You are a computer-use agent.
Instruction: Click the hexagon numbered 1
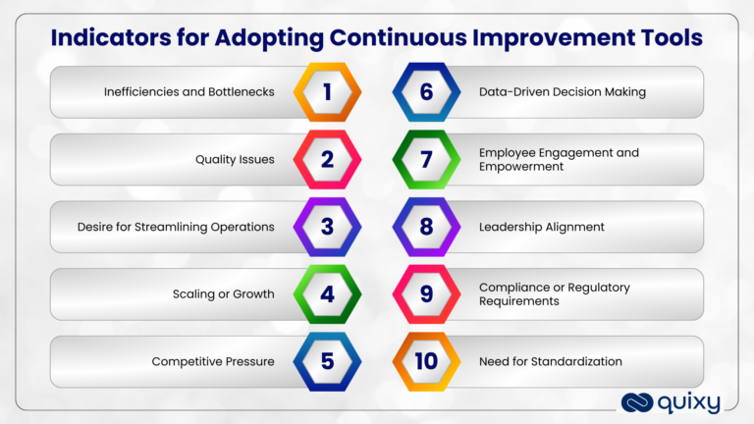[327, 91]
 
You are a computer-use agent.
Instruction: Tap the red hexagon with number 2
[327, 159]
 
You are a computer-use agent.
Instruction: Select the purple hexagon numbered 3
[327, 227]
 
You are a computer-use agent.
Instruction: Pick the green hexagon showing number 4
[327, 293]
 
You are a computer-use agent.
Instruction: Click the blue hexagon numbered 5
[327, 361]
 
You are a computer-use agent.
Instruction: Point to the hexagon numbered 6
[426, 91]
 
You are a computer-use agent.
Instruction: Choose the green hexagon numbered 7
[426, 159]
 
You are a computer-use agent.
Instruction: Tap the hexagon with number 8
[426, 227]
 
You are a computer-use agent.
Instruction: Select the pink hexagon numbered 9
[426, 293]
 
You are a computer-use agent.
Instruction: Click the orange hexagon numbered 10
[426, 361]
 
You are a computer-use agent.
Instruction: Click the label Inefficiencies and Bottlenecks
[188, 91]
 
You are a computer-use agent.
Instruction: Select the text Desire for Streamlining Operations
[176, 227]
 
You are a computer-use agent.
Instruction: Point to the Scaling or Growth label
[225, 293]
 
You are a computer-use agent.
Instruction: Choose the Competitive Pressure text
[212, 361]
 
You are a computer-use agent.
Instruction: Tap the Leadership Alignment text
[541, 227]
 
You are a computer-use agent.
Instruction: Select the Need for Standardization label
[550, 361]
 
